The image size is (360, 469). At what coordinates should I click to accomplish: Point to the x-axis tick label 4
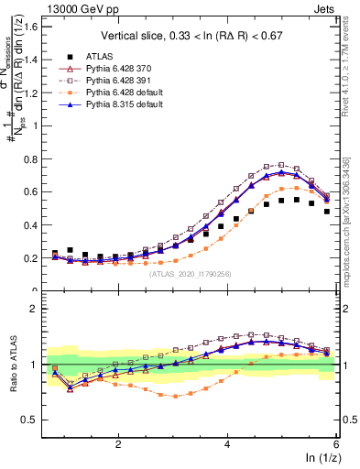coord(227,443)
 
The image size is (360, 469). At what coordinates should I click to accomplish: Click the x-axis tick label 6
coord(336,443)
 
